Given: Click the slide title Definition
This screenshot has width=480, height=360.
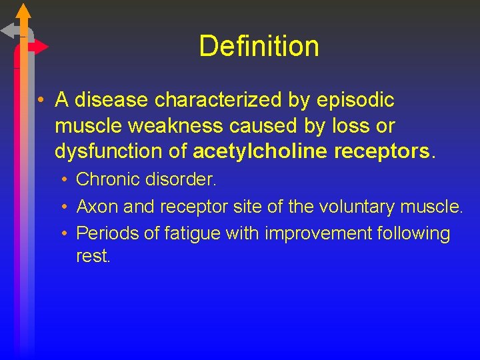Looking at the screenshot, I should (259, 46).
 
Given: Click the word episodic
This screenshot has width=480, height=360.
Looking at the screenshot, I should (356, 100).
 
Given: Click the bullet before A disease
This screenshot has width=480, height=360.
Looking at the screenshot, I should (41, 101).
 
